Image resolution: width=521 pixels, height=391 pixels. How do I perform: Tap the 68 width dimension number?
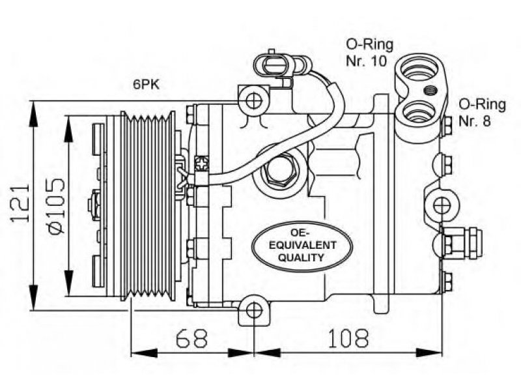pos(191,338)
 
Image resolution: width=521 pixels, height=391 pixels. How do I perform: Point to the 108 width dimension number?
pos(348,338)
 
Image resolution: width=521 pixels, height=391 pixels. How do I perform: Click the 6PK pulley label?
pos(146,85)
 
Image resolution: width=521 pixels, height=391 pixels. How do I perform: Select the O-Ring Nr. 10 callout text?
pos(369,53)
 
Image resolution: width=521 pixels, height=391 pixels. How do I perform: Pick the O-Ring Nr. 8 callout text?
pos(482,113)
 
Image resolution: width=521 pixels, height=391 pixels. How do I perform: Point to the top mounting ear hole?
pos(254,101)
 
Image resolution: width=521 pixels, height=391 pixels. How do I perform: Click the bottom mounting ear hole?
pos(254,311)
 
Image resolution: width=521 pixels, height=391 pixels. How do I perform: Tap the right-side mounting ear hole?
pos(442,205)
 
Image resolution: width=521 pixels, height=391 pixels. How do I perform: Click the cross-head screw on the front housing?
pos(202,164)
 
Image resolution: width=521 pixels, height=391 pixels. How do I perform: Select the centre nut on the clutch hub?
pos(94,205)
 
